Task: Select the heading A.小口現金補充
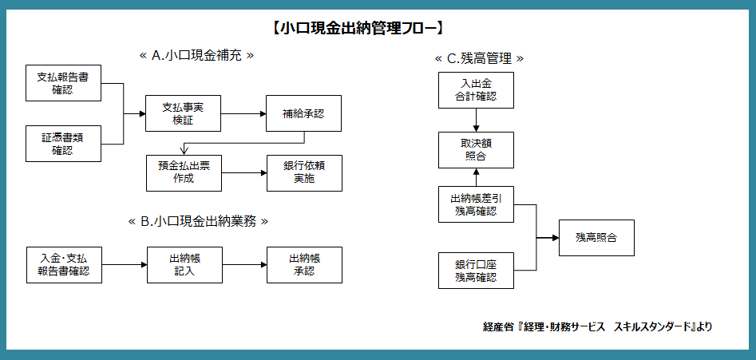[x=196, y=56]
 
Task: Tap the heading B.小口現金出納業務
[x=197, y=222]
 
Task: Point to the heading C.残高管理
[x=479, y=58]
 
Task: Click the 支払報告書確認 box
[x=63, y=84]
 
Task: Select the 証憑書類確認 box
[x=63, y=144]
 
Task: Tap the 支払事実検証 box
[x=183, y=113]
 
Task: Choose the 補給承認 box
[x=303, y=113]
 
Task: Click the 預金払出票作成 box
[x=184, y=172]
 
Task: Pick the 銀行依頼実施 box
[x=303, y=172]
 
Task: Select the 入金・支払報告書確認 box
[x=64, y=264]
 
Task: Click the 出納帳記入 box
[x=184, y=264]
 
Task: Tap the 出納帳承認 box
[x=304, y=264]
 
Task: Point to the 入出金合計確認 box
[x=476, y=89]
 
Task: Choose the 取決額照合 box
[x=476, y=149]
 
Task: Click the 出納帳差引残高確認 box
[x=476, y=204]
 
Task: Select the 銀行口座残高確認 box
[x=476, y=271]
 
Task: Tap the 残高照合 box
[x=596, y=238]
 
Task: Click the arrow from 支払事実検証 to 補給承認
[x=243, y=113]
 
